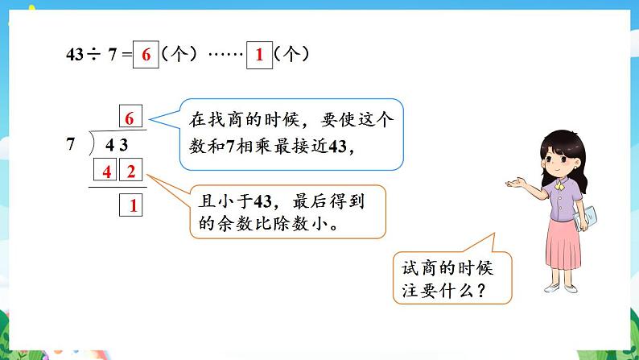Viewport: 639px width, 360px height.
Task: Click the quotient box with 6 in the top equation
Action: pyautogui.click(x=146, y=56)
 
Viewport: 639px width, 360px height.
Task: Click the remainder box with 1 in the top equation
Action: pyautogui.click(x=259, y=56)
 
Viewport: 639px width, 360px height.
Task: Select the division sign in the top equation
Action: pyautogui.click(x=95, y=56)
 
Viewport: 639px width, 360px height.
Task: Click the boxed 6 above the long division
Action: pyautogui.click(x=128, y=118)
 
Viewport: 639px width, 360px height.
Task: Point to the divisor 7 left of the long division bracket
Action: pyautogui.click(x=71, y=146)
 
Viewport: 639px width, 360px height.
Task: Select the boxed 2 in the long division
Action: pyautogui.click(x=131, y=171)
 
